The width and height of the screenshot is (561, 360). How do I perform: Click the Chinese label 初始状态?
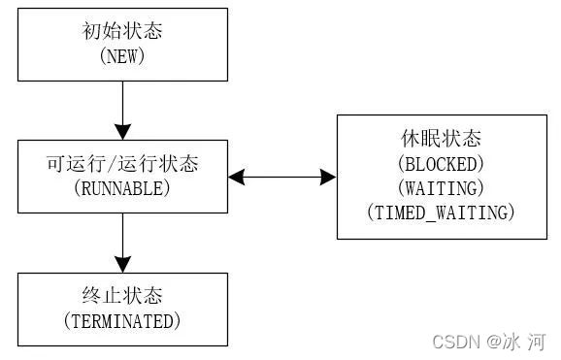[x=122, y=31]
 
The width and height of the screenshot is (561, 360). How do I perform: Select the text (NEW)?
[x=122, y=56]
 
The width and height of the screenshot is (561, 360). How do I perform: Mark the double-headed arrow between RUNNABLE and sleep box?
[x=282, y=177]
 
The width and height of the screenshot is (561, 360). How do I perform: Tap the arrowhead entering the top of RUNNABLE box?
[x=122, y=131]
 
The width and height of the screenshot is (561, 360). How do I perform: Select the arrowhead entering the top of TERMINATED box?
[x=122, y=264]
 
